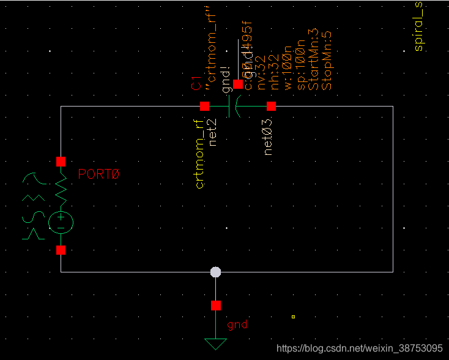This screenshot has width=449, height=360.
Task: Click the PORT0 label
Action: [98, 174]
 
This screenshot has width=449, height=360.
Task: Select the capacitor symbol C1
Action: [233, 107]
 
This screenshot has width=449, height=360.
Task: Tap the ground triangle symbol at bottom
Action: [215, 344]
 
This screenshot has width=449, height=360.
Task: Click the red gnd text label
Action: [237, 324]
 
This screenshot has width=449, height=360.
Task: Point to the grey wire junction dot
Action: [215, 272]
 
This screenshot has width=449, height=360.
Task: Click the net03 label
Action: [267, 137]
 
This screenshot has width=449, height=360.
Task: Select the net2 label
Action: [213, 133]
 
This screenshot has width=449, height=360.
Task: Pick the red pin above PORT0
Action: [61, 162]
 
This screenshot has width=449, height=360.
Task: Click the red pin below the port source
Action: [61, 250]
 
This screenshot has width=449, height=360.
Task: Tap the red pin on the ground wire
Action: [215, 306]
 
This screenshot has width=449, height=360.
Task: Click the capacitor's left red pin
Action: [204, 107]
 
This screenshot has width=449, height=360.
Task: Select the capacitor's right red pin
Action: [272, 107]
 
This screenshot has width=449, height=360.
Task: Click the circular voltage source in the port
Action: [61, 222]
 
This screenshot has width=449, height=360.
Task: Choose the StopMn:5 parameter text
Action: [327, 61]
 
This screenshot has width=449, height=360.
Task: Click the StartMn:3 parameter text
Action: [314, 61]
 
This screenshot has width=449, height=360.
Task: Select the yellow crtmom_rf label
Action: [200, 153]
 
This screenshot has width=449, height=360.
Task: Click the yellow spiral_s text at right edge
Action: [419, 26]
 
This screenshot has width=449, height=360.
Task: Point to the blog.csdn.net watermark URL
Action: [360, 348]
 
